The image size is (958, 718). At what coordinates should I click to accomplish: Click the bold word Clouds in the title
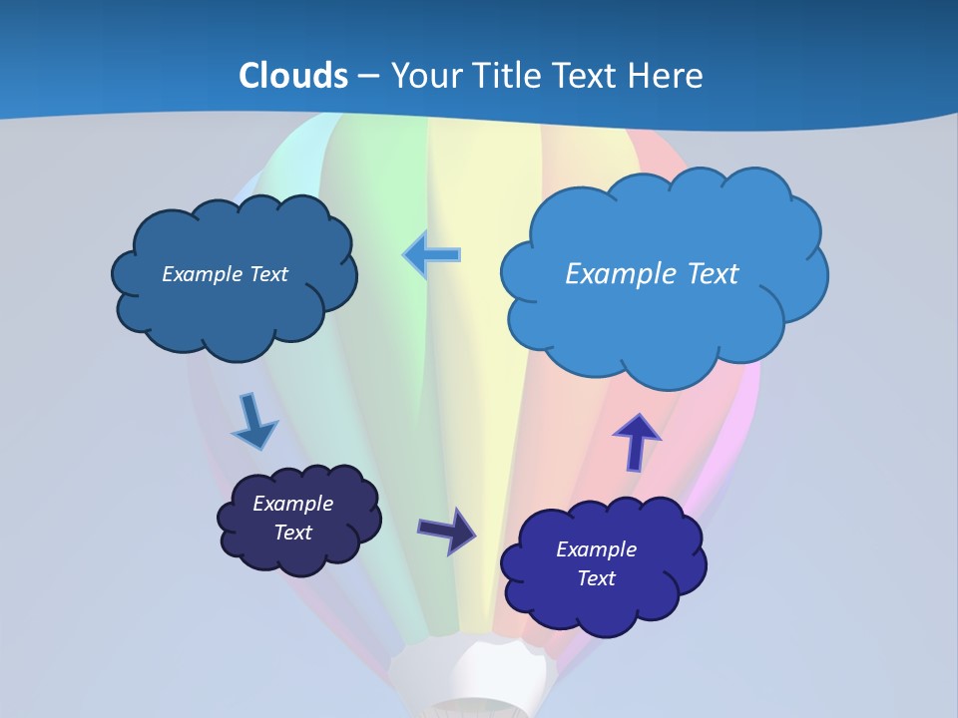point(293,76)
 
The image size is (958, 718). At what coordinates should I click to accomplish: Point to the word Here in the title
point(669,76)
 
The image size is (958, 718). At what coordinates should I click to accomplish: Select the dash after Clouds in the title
point(368,77)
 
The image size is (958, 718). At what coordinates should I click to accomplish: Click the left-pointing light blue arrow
point(432,254)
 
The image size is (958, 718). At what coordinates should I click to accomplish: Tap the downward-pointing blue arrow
point(253,422)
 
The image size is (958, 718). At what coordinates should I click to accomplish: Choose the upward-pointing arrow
point(637,441)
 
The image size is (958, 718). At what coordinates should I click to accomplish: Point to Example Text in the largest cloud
point(652,273)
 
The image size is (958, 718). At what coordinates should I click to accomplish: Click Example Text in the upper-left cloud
point(225,274)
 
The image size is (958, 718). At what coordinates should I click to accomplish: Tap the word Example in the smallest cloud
point(292,504)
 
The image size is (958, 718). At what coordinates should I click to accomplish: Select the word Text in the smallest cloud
point(293,533)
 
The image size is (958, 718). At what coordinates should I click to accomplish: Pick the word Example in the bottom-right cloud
point(596,549)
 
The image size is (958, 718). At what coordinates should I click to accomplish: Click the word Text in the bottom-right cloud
point(597,578)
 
